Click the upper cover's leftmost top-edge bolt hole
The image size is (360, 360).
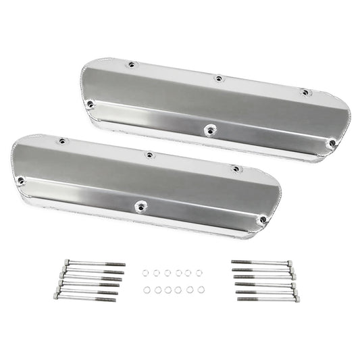tap(132, 65)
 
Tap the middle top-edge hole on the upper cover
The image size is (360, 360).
tap(219, 78)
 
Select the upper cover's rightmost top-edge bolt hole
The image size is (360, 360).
tap(305, 92)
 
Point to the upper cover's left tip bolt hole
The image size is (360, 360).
tap(90, 103)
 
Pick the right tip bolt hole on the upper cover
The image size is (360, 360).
tap(331, 143)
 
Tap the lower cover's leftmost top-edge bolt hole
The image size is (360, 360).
tap(62, 141)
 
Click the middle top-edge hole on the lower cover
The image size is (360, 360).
tap(149, 155)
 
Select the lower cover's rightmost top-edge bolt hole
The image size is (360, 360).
tap(235, 169)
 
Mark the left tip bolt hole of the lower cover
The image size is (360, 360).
tap(21, 180)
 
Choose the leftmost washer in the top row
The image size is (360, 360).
tap(145, 272)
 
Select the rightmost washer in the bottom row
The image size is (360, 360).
tap(202, 290)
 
